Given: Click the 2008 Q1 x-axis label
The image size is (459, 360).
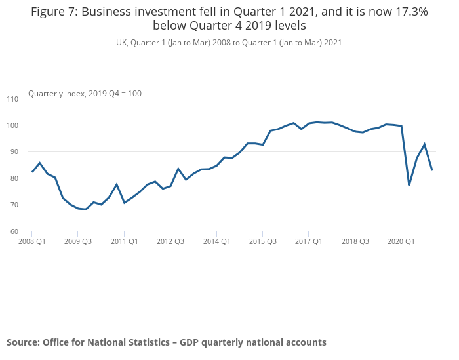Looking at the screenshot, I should (31, 241).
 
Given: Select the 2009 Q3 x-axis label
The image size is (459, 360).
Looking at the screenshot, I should (77, 241).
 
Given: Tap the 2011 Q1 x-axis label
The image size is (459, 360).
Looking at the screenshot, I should (124, 241).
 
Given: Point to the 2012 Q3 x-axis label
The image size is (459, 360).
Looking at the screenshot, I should (170, 241).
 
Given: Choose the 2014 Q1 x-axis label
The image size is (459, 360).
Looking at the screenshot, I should (216, 241).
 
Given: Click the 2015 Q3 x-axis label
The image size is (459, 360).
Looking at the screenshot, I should (262, 241).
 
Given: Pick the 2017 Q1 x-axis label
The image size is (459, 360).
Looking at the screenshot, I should (308, 241).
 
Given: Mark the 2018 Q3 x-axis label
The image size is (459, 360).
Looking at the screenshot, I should (355, 241).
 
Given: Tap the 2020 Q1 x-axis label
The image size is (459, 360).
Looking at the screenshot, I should (401, 241).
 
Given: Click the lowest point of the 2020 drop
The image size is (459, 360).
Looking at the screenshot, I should (409, 185).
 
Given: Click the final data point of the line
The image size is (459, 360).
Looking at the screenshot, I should (432, 170).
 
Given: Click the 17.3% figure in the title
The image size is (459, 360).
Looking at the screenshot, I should (410, 12).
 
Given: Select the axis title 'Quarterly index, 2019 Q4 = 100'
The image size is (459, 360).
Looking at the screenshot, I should (85, 94).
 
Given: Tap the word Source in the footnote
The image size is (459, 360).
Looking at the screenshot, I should (22, 342).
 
